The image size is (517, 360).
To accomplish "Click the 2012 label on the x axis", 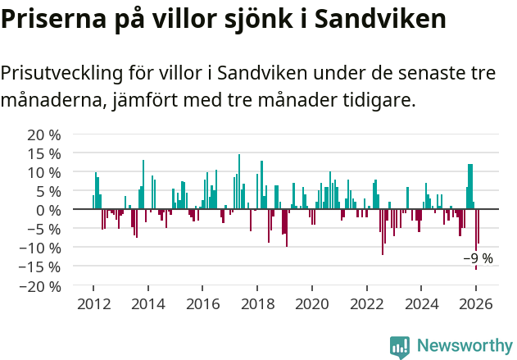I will point(93,304).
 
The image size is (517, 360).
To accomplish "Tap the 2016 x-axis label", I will point(202,304).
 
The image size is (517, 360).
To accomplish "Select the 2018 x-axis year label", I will point(257,304).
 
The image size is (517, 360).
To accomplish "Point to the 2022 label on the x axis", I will point(367,304).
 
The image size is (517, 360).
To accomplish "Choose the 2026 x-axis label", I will point(476,304).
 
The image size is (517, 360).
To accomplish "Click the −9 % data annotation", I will point(478,258).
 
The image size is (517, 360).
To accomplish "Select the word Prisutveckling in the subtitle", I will point(61,72).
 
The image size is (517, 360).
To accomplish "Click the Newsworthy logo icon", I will point(400,346).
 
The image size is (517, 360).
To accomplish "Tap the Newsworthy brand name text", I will point(464,346).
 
